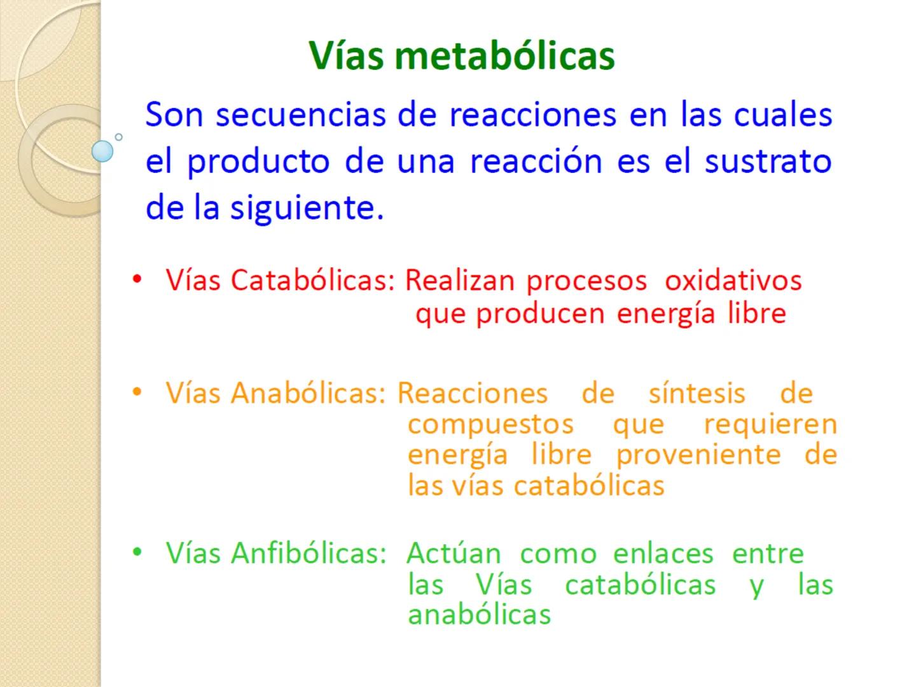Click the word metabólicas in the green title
[x=504, y=55]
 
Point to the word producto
[x=258, y=162]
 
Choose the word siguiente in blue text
[x=307, y=208]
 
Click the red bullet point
[x=136, y=279]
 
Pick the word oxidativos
[x=733, y=280]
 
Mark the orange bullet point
[x=136, y=392]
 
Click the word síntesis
[x=697, y=393]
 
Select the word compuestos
[x=490, y=424]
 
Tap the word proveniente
[x=698, y=455]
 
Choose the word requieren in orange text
[x=770, y=424]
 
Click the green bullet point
[x=136, y=552]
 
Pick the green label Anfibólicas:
[x=309, y=553]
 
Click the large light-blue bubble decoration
[x=102, y=151]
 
